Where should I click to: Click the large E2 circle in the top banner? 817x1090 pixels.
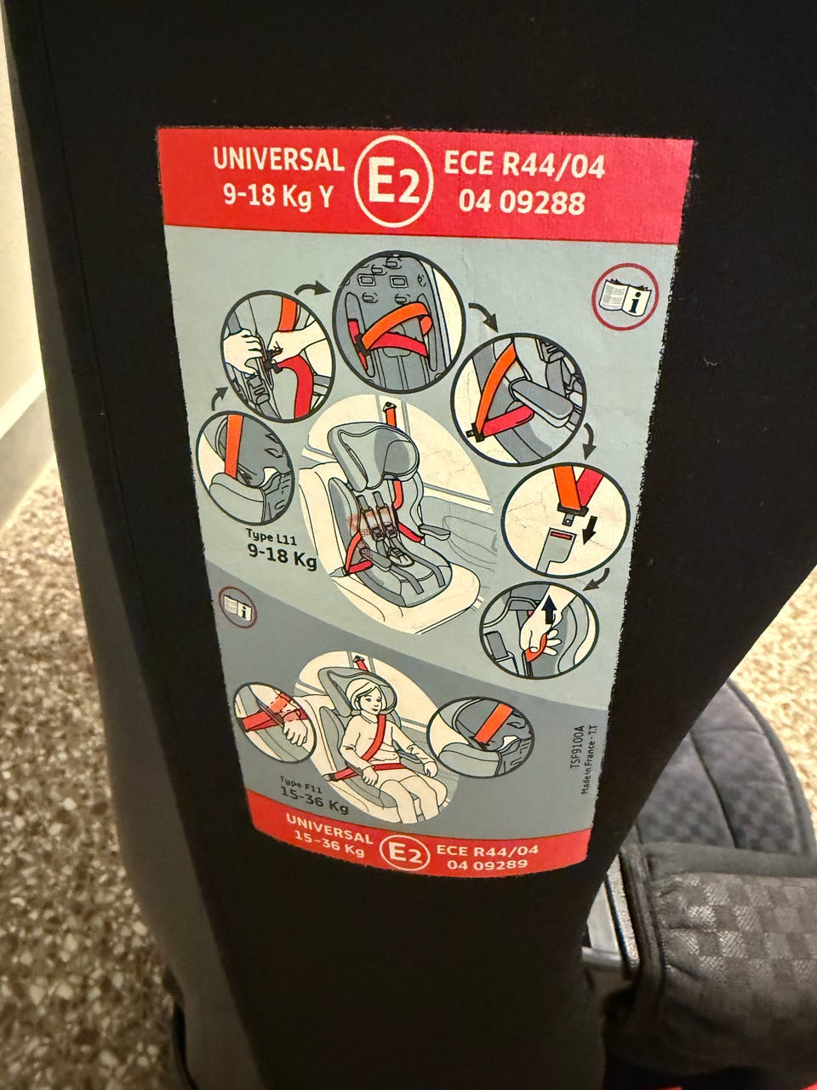coord(393,181)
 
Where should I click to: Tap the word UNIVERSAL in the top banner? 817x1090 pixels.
coord(278,159)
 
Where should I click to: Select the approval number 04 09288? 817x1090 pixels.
coord(522,202)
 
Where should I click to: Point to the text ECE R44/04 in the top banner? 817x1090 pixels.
coord(524,164)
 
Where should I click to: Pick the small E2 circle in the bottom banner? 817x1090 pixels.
coord(403,852)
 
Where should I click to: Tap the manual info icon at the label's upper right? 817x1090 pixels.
coord(625,297)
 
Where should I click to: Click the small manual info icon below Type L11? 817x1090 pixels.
coord(237,607)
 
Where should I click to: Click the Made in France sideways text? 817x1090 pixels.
coord(591,760)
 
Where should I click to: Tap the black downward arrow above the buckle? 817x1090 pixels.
coord(589,534)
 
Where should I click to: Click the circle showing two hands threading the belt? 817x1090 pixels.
coord(277,355)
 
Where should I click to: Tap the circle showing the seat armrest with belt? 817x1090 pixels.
coord(519,399)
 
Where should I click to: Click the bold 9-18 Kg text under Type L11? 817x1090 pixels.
coord(281,554)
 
